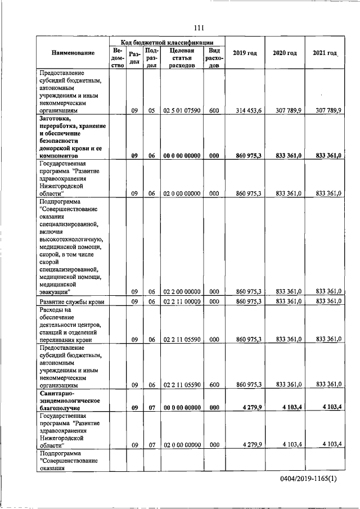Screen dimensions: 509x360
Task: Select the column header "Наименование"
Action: click(73, 53)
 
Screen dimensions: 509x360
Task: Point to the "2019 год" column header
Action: click(245, 53)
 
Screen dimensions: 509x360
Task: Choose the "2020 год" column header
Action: click(285, 53)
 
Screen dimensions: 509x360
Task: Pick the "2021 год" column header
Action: click(325, 53)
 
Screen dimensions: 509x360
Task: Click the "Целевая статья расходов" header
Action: click(181, 57)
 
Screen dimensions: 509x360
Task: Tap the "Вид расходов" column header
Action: click(214, 57)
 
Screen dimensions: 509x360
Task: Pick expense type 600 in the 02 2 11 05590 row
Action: click(214, 385)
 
